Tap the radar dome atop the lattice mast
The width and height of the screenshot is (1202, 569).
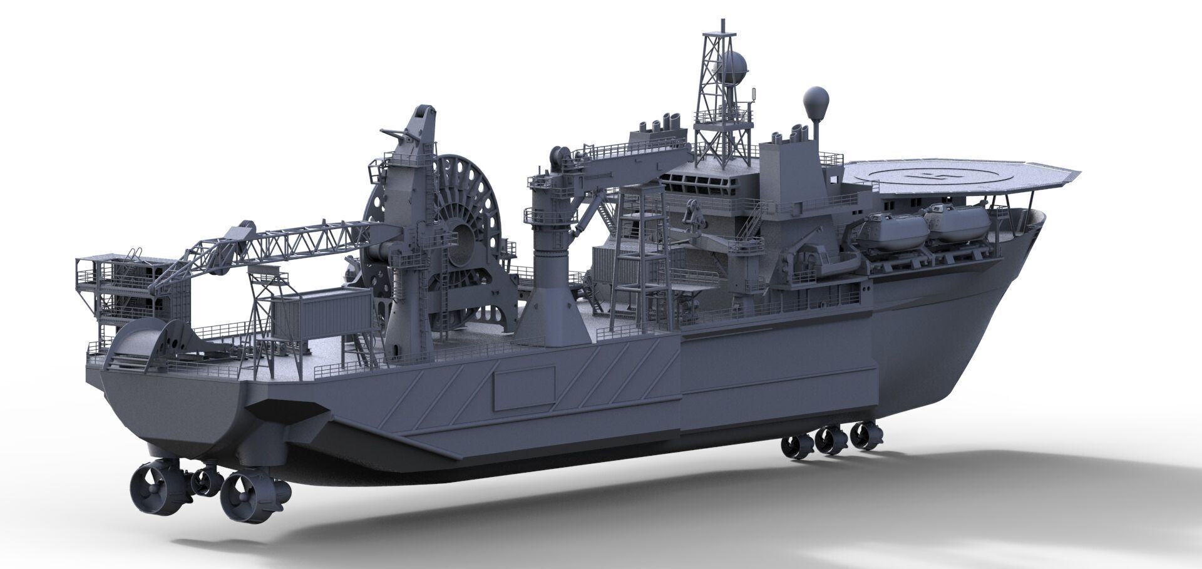point(732,64)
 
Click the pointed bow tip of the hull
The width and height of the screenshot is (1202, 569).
point(1044,216)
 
